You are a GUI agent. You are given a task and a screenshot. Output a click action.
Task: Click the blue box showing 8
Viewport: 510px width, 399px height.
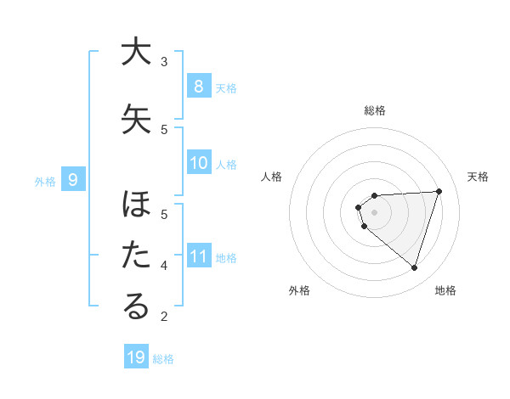click(x=198, y=86)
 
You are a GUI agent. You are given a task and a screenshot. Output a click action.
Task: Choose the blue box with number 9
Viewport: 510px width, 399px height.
click(x=73, y=179)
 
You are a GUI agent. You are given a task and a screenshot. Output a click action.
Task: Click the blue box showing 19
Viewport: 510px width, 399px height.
click(x=136, y=357)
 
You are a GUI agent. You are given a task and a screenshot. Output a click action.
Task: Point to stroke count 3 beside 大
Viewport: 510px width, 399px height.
click(x=164, y=61)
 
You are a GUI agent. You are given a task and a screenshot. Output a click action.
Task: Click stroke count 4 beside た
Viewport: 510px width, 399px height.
click(x=164, y=266)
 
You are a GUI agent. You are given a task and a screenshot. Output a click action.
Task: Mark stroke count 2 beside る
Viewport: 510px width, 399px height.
click(x=164, y=317)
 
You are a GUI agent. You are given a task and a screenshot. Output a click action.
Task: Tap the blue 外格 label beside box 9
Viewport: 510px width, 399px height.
click(x=44, y=181)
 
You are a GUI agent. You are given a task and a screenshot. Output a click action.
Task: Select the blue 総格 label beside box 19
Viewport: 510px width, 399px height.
click(x=163, y=359)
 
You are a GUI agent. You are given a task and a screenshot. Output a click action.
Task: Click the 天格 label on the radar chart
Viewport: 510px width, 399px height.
click(x=478, y=177)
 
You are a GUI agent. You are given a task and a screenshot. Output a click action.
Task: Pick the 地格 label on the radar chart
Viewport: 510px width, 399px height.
click(x=445, y=290)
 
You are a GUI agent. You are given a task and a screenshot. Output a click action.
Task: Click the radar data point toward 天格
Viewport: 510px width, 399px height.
click(x=439, y=191)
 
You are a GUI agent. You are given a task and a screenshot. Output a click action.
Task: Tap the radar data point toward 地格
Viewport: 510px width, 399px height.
click(x=414, y=268)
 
